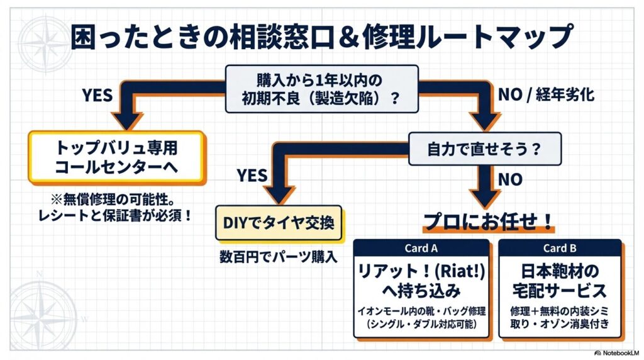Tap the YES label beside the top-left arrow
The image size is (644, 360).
(x=97, y=95)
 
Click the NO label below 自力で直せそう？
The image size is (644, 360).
(x=510, y=179)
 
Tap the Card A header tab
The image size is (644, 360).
(x=421, y=248)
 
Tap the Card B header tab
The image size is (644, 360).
(x=559, y=248)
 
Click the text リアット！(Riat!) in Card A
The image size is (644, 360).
(x=421, y=270)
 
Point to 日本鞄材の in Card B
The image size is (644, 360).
(x=559, y=270)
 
